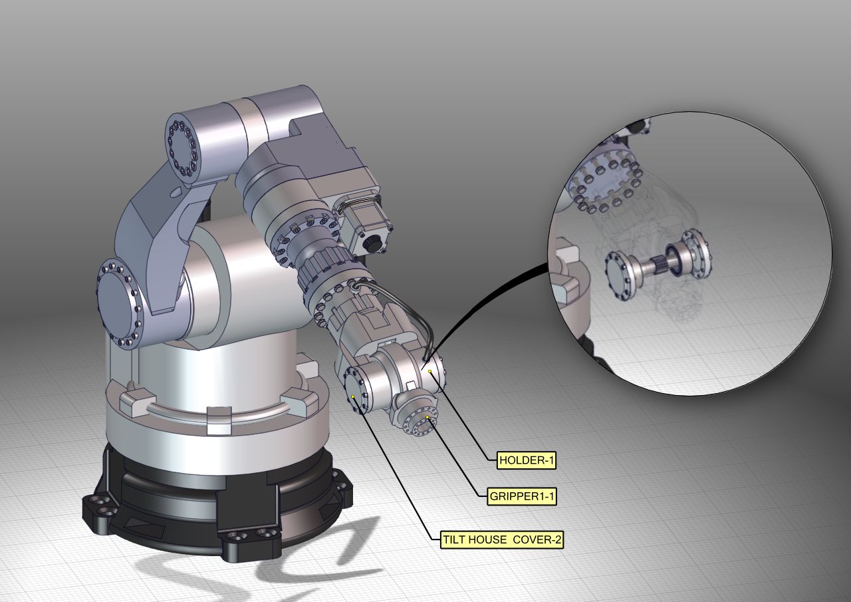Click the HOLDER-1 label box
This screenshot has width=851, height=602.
(x=527, y=460)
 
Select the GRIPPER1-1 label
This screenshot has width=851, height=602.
(x=521, y=496)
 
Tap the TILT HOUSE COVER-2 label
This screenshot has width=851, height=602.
(x=502, y=539)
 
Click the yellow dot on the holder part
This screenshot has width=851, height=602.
(x=430, y=371)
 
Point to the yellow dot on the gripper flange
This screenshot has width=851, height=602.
(x=427, y=417)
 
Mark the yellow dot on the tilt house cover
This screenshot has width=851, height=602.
(x=353, y=396)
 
